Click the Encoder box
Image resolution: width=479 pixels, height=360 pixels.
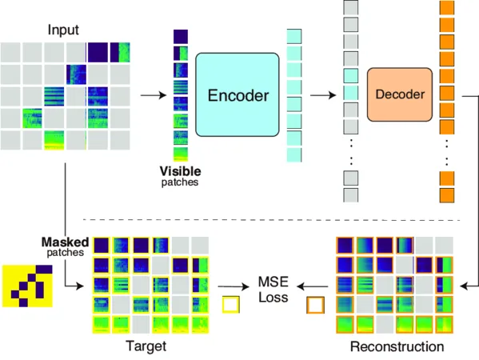[238, 97]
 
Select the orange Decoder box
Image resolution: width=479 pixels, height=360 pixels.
[400, 94]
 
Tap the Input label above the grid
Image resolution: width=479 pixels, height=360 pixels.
[63, 30]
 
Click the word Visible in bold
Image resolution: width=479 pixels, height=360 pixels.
[180, 171]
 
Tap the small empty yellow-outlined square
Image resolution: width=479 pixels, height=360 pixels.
[230, 305]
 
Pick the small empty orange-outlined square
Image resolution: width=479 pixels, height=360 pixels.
[315, 306]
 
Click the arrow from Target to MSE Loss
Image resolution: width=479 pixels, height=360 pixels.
[233, 285]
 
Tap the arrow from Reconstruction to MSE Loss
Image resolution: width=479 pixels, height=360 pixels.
[312, 285]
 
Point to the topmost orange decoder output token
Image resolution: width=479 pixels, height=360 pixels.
[446, 9]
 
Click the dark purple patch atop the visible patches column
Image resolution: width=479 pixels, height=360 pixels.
[180, 37]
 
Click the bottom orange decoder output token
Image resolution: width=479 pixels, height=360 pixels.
[446, 195]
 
